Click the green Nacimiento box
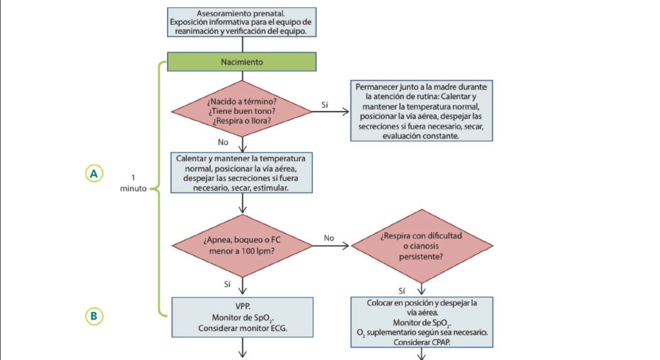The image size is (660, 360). point(242,62)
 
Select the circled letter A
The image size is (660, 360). point(94,173)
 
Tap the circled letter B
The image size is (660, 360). point(94,316)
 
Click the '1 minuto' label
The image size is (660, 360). point(134,183)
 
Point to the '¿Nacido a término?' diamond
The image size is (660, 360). point(242,111)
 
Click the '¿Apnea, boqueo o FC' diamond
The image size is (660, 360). point(242,246)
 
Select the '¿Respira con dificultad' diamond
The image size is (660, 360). point(422,246)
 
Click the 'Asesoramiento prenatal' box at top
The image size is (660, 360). point(242,22)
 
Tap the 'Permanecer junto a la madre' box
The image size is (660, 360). point(422,111)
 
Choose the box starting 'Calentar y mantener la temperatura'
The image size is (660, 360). point(242,173)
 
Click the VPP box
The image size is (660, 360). point(243,317)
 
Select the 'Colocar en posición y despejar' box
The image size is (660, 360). point(422,322)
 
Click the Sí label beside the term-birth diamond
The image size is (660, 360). point(325,105)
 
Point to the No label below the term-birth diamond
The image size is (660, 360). point(223,142)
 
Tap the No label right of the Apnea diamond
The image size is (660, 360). point(329,238)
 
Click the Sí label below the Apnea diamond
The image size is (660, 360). point(227,284)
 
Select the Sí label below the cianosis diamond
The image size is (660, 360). point(402,291)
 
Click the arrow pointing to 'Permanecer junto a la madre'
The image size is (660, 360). point(331,112)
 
